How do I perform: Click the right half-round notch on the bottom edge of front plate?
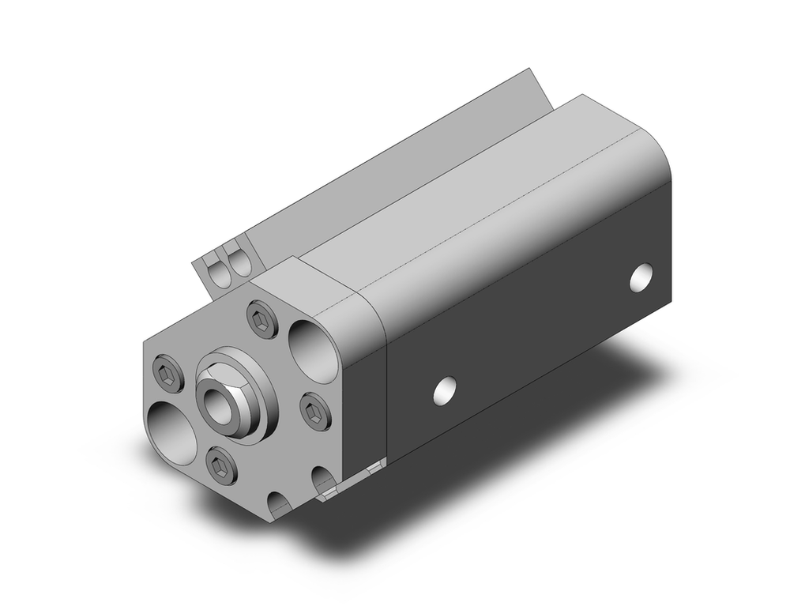coord(323,480)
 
